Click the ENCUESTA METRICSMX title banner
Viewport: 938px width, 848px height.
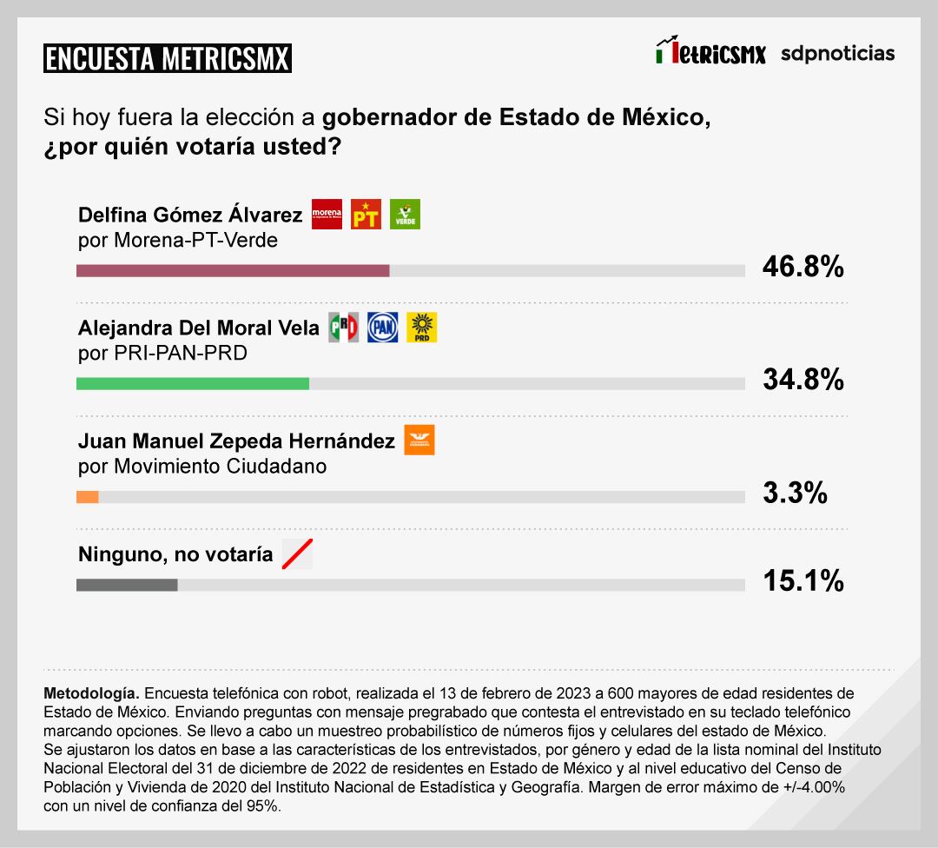(x=167, y=59)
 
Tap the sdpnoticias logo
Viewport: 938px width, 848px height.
(x=837, y=54)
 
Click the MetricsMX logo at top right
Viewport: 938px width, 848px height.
(x=711, y=51)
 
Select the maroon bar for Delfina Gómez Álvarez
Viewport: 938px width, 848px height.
(x=233, y=271)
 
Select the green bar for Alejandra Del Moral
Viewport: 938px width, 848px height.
(x=193, y=384)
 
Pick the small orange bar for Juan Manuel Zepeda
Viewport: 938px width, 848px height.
(x=88, y=497)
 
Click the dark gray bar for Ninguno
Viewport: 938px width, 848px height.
(x=127, y=585)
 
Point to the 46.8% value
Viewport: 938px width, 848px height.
(x=803, y=267)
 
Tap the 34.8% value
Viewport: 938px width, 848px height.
(x=803, y=380)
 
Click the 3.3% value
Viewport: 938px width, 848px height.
(x=794, y=493)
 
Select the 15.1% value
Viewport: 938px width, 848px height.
(x=803, y=580)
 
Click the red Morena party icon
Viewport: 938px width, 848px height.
(x=327, y=214)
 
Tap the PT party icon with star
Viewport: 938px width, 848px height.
(x=366, y=214)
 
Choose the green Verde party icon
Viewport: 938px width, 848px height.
(x=405, y=214)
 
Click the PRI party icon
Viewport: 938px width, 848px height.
(x=343, y=327)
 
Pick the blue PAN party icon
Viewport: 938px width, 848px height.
(x=382, y=327)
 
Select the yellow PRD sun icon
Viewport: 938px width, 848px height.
(x=422, y=327)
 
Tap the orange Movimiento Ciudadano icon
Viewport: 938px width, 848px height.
(x=419, y=440)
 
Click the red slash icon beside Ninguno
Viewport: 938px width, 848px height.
(x=297, y=553)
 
